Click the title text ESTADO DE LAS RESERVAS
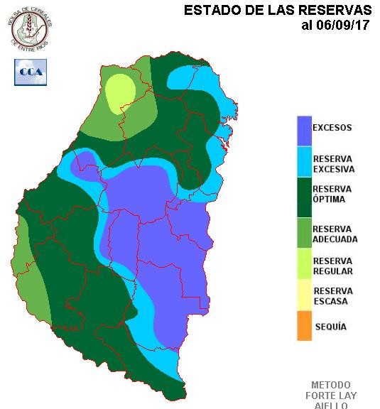click(277, 11)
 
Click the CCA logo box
click(31, 72)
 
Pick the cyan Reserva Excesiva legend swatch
click(304, 163)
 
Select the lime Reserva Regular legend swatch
click(304, 263)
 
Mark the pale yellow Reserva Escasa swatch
click(304, 295)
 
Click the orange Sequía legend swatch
click(304, 326)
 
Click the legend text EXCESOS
click(332, 128)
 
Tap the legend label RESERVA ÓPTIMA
click(332, 195)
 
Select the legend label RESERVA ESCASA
click(332, 296)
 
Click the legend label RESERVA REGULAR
click(332, 266)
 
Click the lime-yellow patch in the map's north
click(120, 92)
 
